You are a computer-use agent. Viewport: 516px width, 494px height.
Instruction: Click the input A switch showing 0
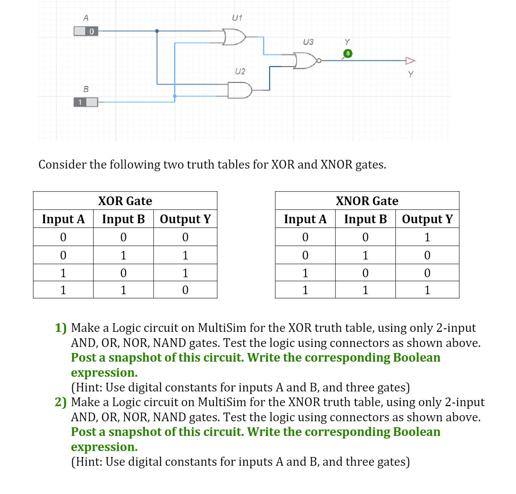[x=86, y=31]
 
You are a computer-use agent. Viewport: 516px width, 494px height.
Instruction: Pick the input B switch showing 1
[x=86, y=102]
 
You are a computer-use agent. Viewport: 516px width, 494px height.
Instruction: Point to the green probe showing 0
[x=348, y=54]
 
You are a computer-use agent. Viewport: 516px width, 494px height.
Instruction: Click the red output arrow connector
[x=410, y=60]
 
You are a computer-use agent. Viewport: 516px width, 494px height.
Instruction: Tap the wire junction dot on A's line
[x=157, y=31]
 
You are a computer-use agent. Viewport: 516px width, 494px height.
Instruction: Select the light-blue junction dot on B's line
[x=175, y=96]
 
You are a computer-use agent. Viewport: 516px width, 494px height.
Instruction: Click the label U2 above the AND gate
[x=240, y=71]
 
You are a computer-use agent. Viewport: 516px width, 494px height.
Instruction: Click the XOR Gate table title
[x=125, y=201]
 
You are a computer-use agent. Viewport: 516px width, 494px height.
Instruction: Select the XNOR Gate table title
[x=367, y=201]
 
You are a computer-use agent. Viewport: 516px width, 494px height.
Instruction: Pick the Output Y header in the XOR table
[x=185, y=219]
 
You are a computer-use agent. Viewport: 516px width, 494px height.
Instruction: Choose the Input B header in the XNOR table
[x=365, y=219]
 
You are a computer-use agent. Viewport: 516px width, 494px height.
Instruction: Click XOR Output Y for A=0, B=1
[x=185, y=255]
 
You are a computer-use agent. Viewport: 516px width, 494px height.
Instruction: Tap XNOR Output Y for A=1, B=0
[x=427, y=273]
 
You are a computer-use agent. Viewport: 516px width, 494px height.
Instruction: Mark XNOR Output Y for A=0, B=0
[x=427, y=237]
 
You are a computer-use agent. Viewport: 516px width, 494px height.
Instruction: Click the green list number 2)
[x=61, y=402]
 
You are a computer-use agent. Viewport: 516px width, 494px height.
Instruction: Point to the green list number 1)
[x=61, y=328]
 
